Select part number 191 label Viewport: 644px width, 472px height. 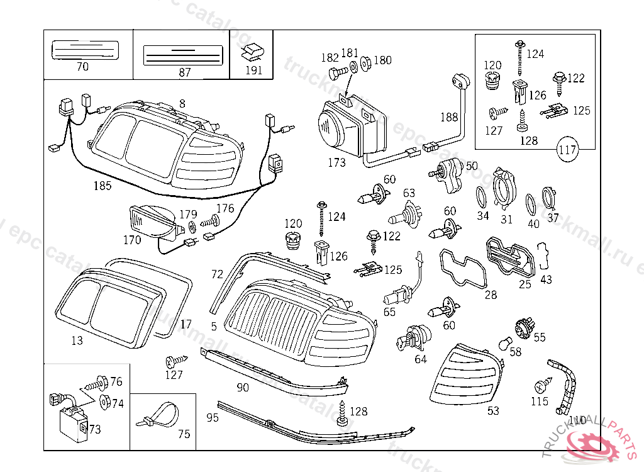[253, 70]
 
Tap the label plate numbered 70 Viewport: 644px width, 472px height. [85, 50]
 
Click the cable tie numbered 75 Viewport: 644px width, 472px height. [155, 416]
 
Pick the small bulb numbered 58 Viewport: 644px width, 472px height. [504, 344]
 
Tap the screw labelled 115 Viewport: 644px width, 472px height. [541, 384]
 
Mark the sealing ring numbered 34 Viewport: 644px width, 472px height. [480, 198]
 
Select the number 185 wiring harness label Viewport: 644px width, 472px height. [102, 186]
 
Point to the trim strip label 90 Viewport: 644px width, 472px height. [243, 387]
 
